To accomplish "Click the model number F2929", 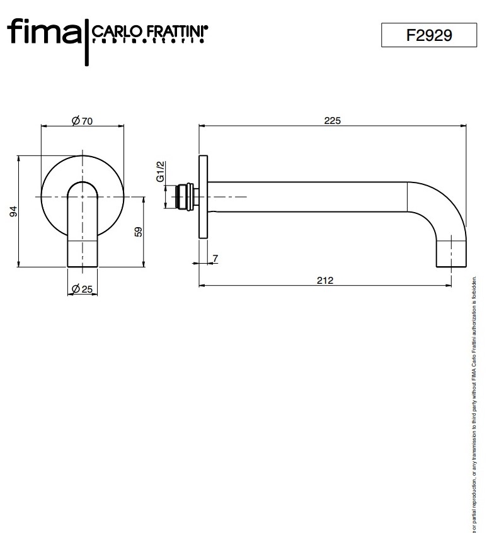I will pos(429,35).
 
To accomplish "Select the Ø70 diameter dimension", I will pos(82,121).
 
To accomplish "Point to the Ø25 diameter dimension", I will pos(82,289).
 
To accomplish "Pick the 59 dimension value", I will pos(139,231).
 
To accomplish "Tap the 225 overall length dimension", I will pos(332,121).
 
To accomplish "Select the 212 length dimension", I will pos(325,281).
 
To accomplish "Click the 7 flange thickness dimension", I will pos(215,258).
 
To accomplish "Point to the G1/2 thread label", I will pos(160,171).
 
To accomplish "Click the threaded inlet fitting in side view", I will pos(186,197).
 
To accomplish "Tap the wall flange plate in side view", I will pos(203,197).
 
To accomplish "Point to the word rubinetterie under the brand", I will pos(149,41).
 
